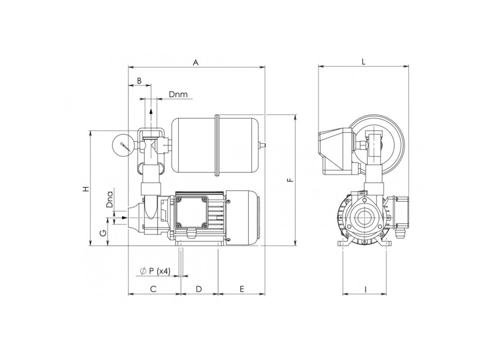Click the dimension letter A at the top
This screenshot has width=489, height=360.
coord(196,62)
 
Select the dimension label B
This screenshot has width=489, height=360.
coord(139,81)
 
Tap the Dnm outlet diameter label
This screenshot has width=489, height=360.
coord(178,95)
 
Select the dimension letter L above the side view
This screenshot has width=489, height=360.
coord(363,62)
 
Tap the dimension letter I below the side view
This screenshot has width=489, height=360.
coord(365,290)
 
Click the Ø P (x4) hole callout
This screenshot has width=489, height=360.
coord(154,271)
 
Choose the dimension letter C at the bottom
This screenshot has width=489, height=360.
coord(153,289)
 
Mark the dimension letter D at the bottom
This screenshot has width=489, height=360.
coord(199,289)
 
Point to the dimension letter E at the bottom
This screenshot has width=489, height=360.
coord(241,289)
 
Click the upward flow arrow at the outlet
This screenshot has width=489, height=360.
coord(151,112)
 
